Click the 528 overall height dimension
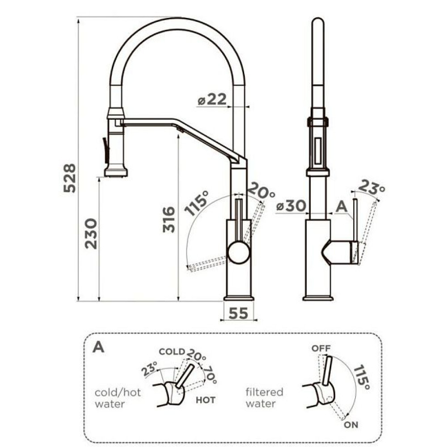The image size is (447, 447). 70,178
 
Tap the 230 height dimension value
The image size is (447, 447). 91,234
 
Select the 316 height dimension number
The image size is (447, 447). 169,219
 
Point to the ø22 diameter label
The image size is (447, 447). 212,100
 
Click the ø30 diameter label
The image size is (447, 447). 291,206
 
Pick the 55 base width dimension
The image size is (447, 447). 239,313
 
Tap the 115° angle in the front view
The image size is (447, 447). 197,202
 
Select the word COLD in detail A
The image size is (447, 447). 172,351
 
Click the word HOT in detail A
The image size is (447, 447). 206,400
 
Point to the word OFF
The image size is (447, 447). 321,348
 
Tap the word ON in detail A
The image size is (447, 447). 351,425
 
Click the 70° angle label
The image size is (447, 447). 211,375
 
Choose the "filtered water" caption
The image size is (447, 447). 264,398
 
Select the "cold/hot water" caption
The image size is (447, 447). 118,398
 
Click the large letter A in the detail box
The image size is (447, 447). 98,346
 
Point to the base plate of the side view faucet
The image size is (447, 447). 318,299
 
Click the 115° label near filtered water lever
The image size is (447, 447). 362,377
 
